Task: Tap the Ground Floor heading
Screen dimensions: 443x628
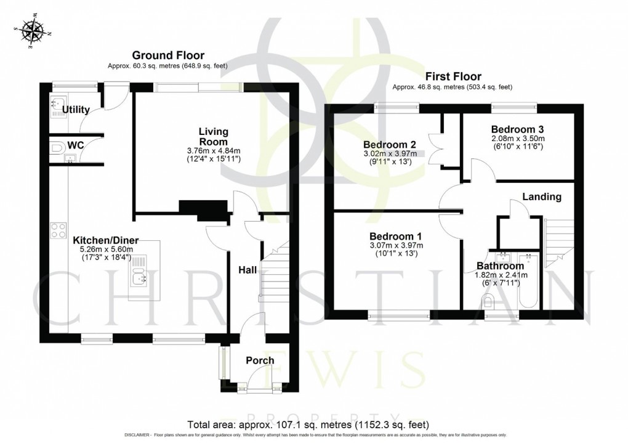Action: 168,56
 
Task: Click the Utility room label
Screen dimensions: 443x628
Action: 75,110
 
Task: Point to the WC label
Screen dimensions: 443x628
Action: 76,145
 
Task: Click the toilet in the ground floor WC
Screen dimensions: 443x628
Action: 55,148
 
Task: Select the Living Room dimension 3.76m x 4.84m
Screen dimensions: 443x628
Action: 213,150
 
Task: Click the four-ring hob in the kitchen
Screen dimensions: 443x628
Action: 58,230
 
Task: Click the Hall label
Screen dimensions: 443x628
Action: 248,269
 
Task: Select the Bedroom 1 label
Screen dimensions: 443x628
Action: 395,236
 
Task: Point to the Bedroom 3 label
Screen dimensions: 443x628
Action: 517,129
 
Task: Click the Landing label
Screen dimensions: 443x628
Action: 542,197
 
